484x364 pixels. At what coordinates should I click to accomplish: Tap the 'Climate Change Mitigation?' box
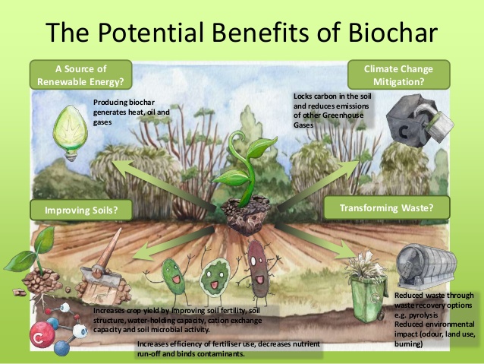click(x=398, y=75)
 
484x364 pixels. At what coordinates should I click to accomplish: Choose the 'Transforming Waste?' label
click(x=386, y=207)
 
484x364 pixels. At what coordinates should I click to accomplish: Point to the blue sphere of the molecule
click(x=61, y=349)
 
